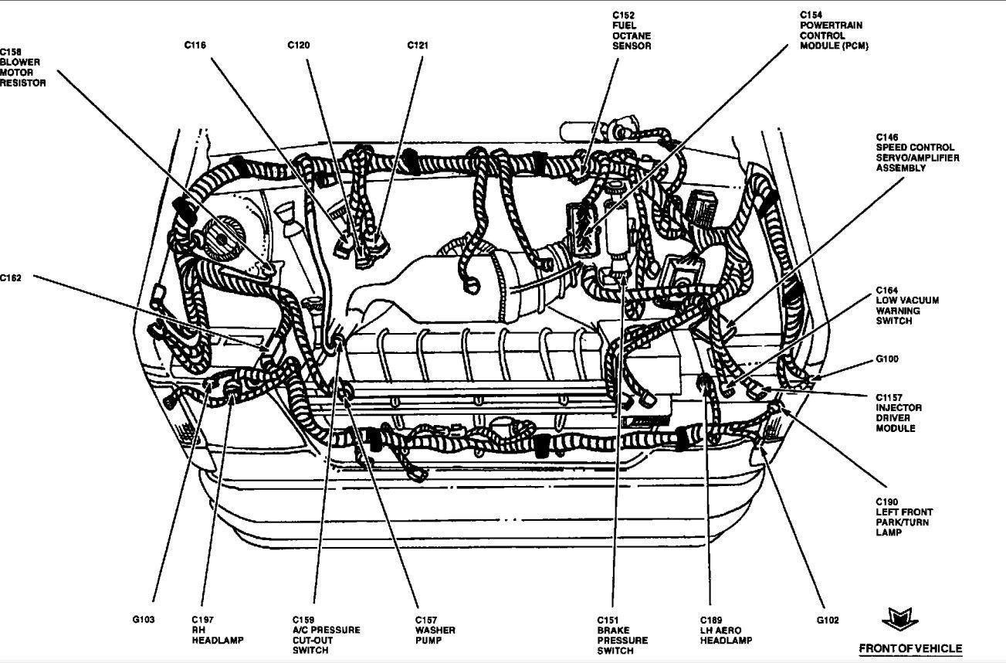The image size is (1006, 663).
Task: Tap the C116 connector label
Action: tap(195, 46)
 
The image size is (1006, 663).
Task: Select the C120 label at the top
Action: tap(299, 46)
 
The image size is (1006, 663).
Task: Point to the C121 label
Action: tap(418, 46)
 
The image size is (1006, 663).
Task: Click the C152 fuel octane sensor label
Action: tap(632, 30)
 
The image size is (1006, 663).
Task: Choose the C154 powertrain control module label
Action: tap(833, 30)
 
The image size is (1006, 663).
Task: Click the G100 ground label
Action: tap(886, 359)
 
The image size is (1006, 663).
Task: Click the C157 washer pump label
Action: tap(435, 630)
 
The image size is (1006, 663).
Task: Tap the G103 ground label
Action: tap(143, 620)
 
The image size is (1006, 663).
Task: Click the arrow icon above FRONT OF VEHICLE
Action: tap(900, 618)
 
